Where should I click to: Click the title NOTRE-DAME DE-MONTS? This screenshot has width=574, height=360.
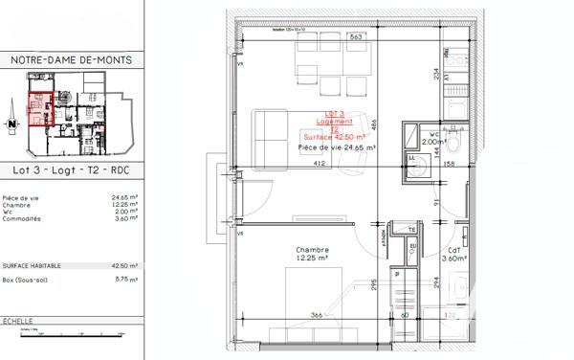72,60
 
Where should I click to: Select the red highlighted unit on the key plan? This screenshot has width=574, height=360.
39,109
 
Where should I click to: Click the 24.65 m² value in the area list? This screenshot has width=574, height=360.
124,198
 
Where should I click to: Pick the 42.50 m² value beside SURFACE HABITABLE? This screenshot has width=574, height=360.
124,266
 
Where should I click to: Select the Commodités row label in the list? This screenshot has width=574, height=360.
23,218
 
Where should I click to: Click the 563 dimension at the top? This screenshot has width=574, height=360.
328,37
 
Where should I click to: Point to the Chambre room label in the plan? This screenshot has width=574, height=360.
307,251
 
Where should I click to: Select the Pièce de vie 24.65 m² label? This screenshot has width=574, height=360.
337,148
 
